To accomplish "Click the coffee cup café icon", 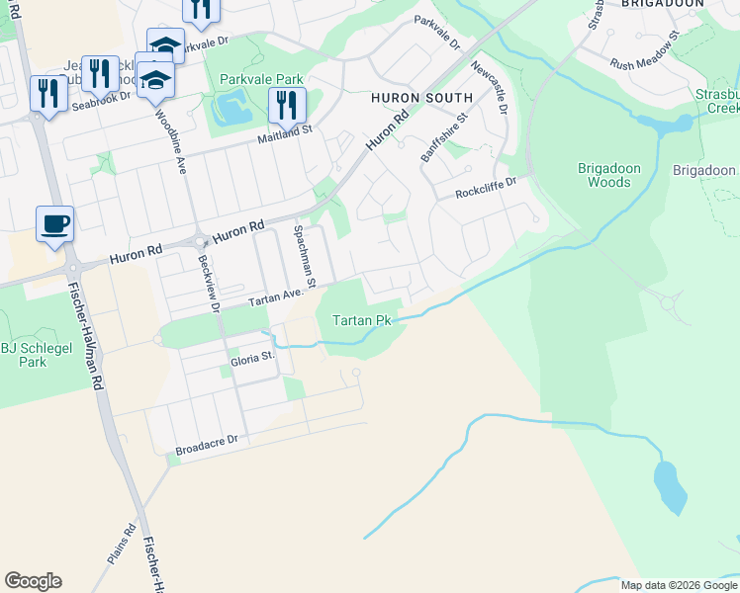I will [x=54, y=222].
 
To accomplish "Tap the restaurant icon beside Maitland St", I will [x=287, y=105].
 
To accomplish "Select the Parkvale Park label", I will [x=261, y=79].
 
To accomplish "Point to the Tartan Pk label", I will [x=362, y=320].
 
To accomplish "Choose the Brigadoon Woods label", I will [x=602, y=175].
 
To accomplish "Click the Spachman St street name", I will [x=303, y=256].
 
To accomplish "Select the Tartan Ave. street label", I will [x=273, y=298].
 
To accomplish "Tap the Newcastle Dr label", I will [x=489, y=87].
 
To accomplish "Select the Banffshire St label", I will [x=441, y=141].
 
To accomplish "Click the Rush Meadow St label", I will [x=645, y=57].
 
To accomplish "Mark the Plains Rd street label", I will [x=122, y=545].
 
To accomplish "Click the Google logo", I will [x=33, y=581].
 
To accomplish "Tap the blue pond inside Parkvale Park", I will [x=233, y=105].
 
